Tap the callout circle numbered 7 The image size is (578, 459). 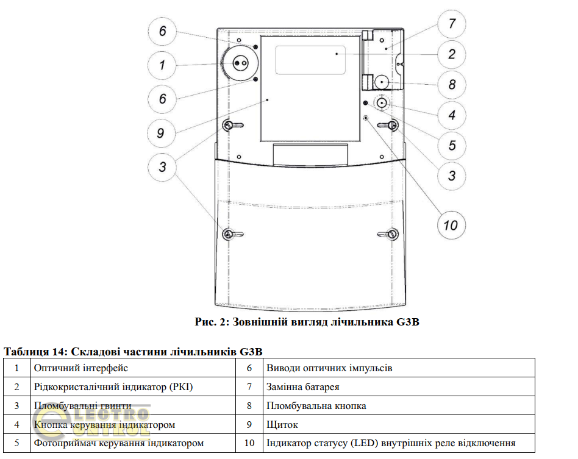(452, 24)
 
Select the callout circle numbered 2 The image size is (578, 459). (452, 54)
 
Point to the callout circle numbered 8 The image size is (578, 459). (452, 84)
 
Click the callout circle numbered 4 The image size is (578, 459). (452, 115)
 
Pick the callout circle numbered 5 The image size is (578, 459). (452, 145)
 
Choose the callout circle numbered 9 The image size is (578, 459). (161, 132)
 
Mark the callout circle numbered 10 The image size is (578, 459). (451, 225)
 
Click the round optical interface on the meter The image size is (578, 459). (238, 63)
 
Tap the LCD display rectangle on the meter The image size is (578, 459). (310, 59)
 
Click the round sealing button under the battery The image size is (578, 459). (382, 82)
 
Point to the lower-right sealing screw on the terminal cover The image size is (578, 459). (393, 234)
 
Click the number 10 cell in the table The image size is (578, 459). (249, 443)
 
